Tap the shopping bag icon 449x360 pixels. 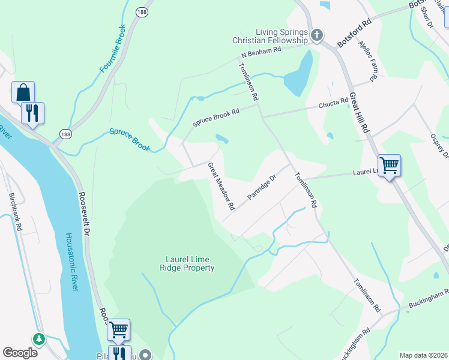pyautogui.click(x=23, y=92)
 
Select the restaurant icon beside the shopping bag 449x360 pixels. pyautogui.click(x=32, y=113)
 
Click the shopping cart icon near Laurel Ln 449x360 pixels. pyautogui.click(x=390, y=164)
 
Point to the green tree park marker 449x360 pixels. pyautogui.click(x=39, y=340)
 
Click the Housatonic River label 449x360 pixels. pyautogui.click(x=72, y=262)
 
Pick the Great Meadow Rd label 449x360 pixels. pyautogui.click(x=221, y=186)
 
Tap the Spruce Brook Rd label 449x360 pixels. pyautogui.click(x=215, y=117)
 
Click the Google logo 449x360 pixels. pyautogui.click(x=20, y=353)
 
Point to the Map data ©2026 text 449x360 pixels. pyautogui.click(x=423, y=355)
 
